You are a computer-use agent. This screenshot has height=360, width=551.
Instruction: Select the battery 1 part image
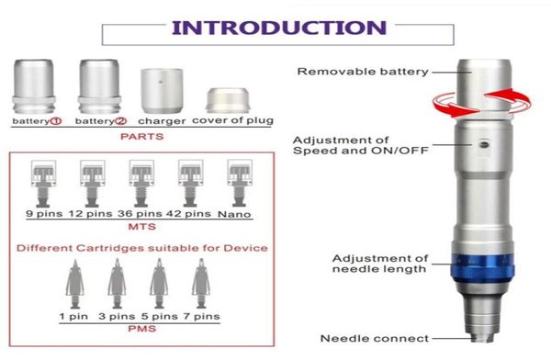point(38,85)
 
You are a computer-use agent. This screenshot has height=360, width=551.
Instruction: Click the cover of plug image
point(223,99)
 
